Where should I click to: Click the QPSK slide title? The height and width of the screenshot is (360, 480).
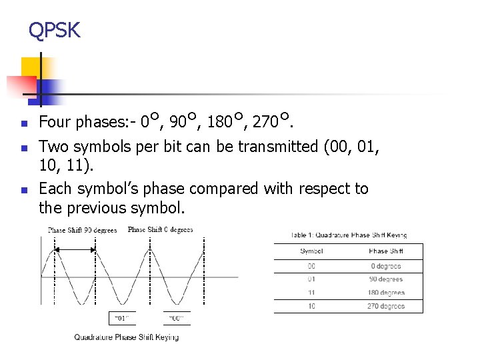(54, 30)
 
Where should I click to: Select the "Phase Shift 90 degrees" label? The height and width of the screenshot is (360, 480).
(82, 231)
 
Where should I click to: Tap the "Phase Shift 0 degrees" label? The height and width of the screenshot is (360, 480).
(160, 230)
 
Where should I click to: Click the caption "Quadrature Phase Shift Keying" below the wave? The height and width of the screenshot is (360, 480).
(126, 337)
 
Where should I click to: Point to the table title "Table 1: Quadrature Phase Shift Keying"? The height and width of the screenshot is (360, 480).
(349, 235)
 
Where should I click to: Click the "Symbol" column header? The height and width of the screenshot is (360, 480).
(311, 251)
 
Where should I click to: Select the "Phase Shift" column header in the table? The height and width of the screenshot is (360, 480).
(385, 251)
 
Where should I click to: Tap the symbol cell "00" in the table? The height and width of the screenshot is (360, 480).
(311, 267)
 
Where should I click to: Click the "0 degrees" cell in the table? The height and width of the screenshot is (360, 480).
(386, 267)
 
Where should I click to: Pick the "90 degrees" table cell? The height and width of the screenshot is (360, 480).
(386, 279)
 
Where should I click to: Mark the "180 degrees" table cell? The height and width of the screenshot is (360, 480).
(386, 293)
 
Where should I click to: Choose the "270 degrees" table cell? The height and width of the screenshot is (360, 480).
(386, 306)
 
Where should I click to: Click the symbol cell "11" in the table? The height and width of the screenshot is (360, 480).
(311, 293)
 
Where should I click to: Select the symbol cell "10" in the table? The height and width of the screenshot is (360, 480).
(311, 306)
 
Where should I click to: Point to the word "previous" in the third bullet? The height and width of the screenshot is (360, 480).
(97, 208)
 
